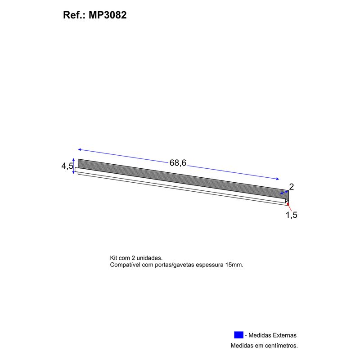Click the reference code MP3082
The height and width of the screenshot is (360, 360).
pos(108,15)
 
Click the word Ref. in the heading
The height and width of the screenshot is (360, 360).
pos(73,15)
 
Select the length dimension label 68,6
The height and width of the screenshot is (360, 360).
pos(178,163)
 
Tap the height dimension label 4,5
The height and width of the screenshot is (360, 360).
pos(67,166)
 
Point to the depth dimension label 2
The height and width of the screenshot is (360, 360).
pos(291,187)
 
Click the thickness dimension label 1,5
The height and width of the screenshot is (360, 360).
pos(291,215)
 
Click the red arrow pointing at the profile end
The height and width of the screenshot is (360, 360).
pos(289,206)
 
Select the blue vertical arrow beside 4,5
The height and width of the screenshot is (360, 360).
pos(73,166)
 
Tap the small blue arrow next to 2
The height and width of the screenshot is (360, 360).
pos(284,193)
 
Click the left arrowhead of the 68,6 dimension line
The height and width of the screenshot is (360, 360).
pos(80,149)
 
